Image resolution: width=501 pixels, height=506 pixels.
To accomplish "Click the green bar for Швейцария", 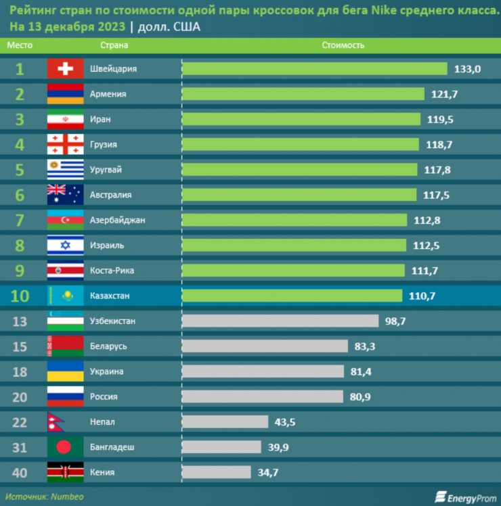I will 315,69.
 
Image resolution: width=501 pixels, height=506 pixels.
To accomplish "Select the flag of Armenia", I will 65,94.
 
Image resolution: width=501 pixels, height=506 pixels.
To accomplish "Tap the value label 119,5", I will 439,119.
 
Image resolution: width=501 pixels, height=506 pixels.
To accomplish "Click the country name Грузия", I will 104,145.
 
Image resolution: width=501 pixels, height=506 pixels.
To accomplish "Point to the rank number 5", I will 20,170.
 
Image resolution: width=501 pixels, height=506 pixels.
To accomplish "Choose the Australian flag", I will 65,195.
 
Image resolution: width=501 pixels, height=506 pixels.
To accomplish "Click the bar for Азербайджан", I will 295,220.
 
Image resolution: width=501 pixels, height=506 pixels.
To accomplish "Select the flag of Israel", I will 65,245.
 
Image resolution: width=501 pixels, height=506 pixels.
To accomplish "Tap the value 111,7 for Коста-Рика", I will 424,271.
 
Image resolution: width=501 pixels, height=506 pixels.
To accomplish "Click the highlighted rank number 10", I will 20,296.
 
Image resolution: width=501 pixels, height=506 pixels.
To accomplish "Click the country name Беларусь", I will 108,346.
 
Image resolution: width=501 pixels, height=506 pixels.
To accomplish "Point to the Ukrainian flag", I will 65,371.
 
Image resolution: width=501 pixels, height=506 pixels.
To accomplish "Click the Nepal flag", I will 57,422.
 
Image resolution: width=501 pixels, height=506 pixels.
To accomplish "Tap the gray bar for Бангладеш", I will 221,447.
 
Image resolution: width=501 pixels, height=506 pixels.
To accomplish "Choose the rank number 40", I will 20,472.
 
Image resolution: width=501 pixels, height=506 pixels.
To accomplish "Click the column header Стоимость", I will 343,45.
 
